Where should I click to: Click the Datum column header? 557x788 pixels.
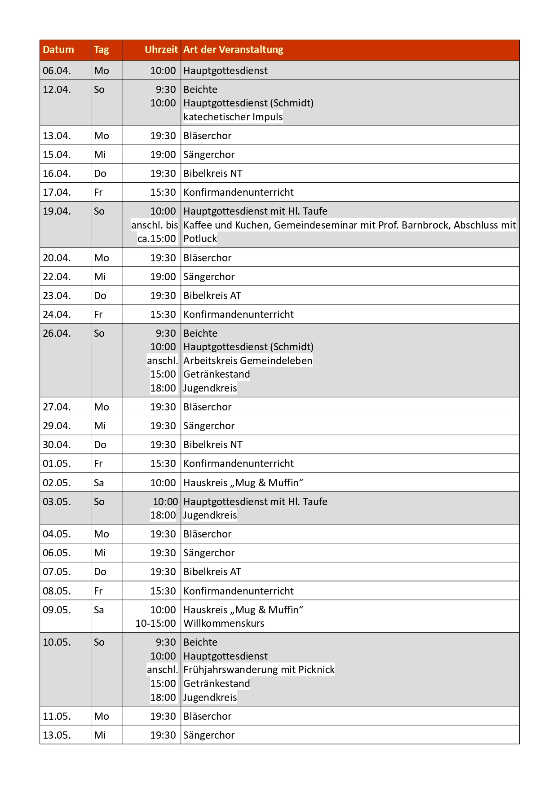(58, 50)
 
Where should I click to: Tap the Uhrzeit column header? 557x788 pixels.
(161, 50)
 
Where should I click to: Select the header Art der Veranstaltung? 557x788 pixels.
(233, 50)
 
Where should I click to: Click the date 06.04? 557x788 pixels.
(57, 71)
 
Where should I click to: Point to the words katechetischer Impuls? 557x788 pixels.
(233, 117)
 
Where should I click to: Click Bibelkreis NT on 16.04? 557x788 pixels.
(212, 174)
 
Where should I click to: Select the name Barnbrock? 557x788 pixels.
(426, 225)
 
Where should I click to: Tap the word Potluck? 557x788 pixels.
(200, 239)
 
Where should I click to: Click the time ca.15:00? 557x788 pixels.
(157, 239)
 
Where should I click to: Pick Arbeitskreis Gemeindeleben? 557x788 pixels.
(248, 361)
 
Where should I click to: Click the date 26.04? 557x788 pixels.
(57, 334)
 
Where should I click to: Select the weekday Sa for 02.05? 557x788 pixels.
(99, 483)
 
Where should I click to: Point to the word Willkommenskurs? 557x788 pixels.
(224, 624)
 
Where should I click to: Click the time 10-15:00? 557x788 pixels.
(155, 624)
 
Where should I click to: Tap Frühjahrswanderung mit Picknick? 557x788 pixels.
(259, 670)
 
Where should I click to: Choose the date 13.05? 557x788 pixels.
(57, 735)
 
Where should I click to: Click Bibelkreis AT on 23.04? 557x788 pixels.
(212, 296)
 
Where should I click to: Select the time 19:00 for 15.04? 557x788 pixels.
(163, 155)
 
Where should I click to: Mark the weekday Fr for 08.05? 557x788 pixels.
(98, 591)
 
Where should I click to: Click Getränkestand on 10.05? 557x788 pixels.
(217, 684)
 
